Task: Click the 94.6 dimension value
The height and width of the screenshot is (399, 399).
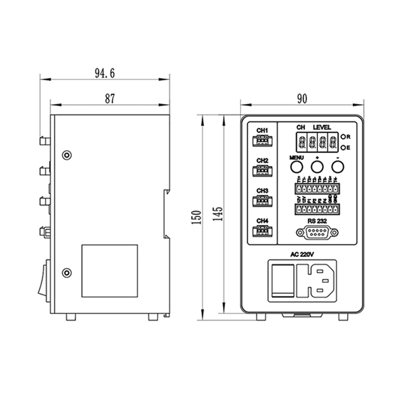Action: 105,73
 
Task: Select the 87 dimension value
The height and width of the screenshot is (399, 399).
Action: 110,99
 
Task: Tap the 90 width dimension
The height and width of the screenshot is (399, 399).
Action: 301,98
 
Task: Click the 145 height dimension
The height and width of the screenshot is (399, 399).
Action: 220,213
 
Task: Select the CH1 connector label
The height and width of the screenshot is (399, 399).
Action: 262,131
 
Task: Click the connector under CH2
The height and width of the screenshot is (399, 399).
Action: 262,171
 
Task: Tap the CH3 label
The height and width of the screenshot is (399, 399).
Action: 262,191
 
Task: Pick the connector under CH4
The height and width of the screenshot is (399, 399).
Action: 262,231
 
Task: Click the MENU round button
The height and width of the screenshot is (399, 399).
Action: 297,167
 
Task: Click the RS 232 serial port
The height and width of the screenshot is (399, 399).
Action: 317,232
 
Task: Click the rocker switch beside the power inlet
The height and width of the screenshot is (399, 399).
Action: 282,281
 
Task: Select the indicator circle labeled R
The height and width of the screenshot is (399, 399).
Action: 344,136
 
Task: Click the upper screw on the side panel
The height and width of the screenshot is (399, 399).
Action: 66,155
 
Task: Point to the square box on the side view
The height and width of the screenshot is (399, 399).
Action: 109,271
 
